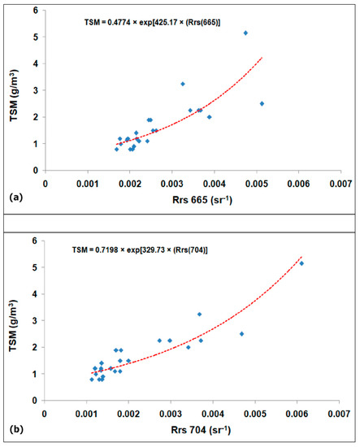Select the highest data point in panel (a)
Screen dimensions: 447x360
click(x=245, y=33)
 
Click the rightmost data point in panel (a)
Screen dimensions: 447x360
click(x=262, y=103)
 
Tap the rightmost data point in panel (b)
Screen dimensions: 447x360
click(x=301, y=263)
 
